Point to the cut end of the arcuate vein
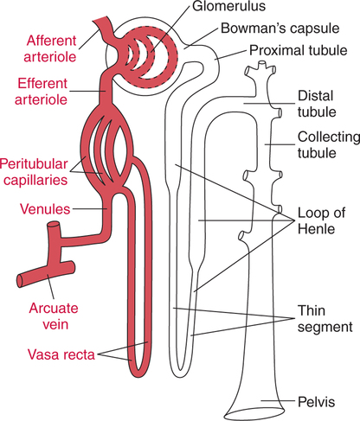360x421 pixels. [x=23, y=279]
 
